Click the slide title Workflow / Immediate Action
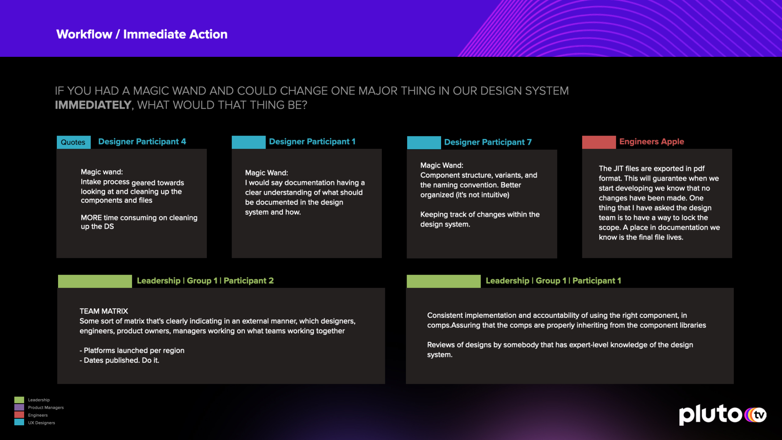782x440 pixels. (142, 34)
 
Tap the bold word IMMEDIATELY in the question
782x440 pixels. (93, 105)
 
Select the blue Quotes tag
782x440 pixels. (74, 142)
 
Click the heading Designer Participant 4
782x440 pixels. (142, 141)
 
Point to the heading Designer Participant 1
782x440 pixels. (312, 141)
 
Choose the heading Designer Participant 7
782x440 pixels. (488, 142)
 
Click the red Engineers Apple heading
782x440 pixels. (652, 141)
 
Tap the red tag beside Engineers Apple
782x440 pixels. (599, 142)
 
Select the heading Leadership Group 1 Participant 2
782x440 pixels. (205, 280)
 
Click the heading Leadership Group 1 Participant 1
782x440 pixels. (554, 280)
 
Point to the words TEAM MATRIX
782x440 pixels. (104, 311)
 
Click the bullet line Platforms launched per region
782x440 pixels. (132, 350)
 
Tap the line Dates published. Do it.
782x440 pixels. (119, 360)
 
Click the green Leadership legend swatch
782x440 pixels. (19, 400)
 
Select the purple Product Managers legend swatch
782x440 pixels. (19, 407)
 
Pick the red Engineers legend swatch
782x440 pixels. (19, 415)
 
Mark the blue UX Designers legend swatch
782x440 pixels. (19, 422)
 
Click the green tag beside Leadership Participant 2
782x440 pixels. (95, 281)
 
